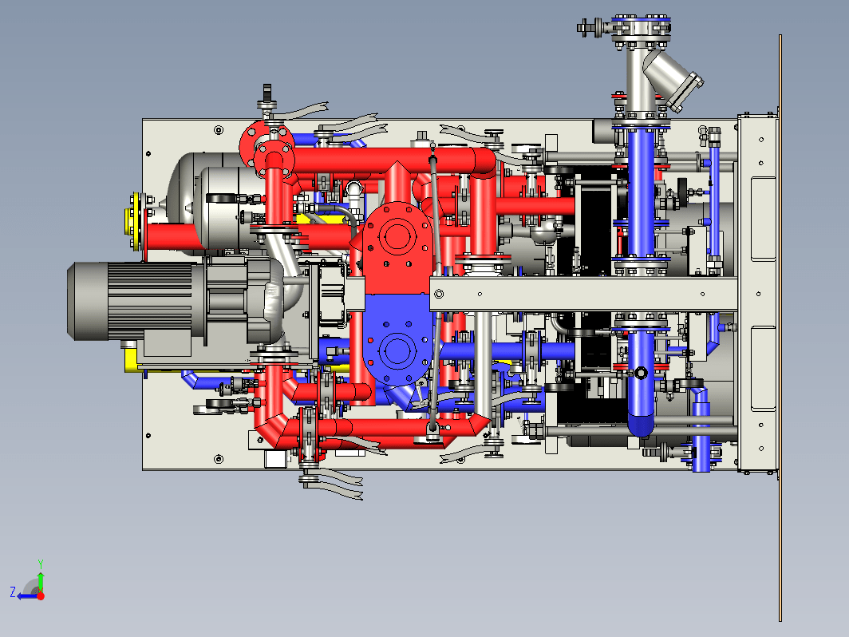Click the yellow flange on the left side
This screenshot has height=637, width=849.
(134, 222)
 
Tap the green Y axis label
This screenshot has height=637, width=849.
(41, 564)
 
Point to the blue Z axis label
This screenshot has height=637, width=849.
(13, 592)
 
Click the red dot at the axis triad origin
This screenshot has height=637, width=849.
(41, 596)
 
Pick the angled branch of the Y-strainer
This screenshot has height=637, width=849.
(671, 80)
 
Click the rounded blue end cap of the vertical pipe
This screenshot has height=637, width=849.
(641, 426)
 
